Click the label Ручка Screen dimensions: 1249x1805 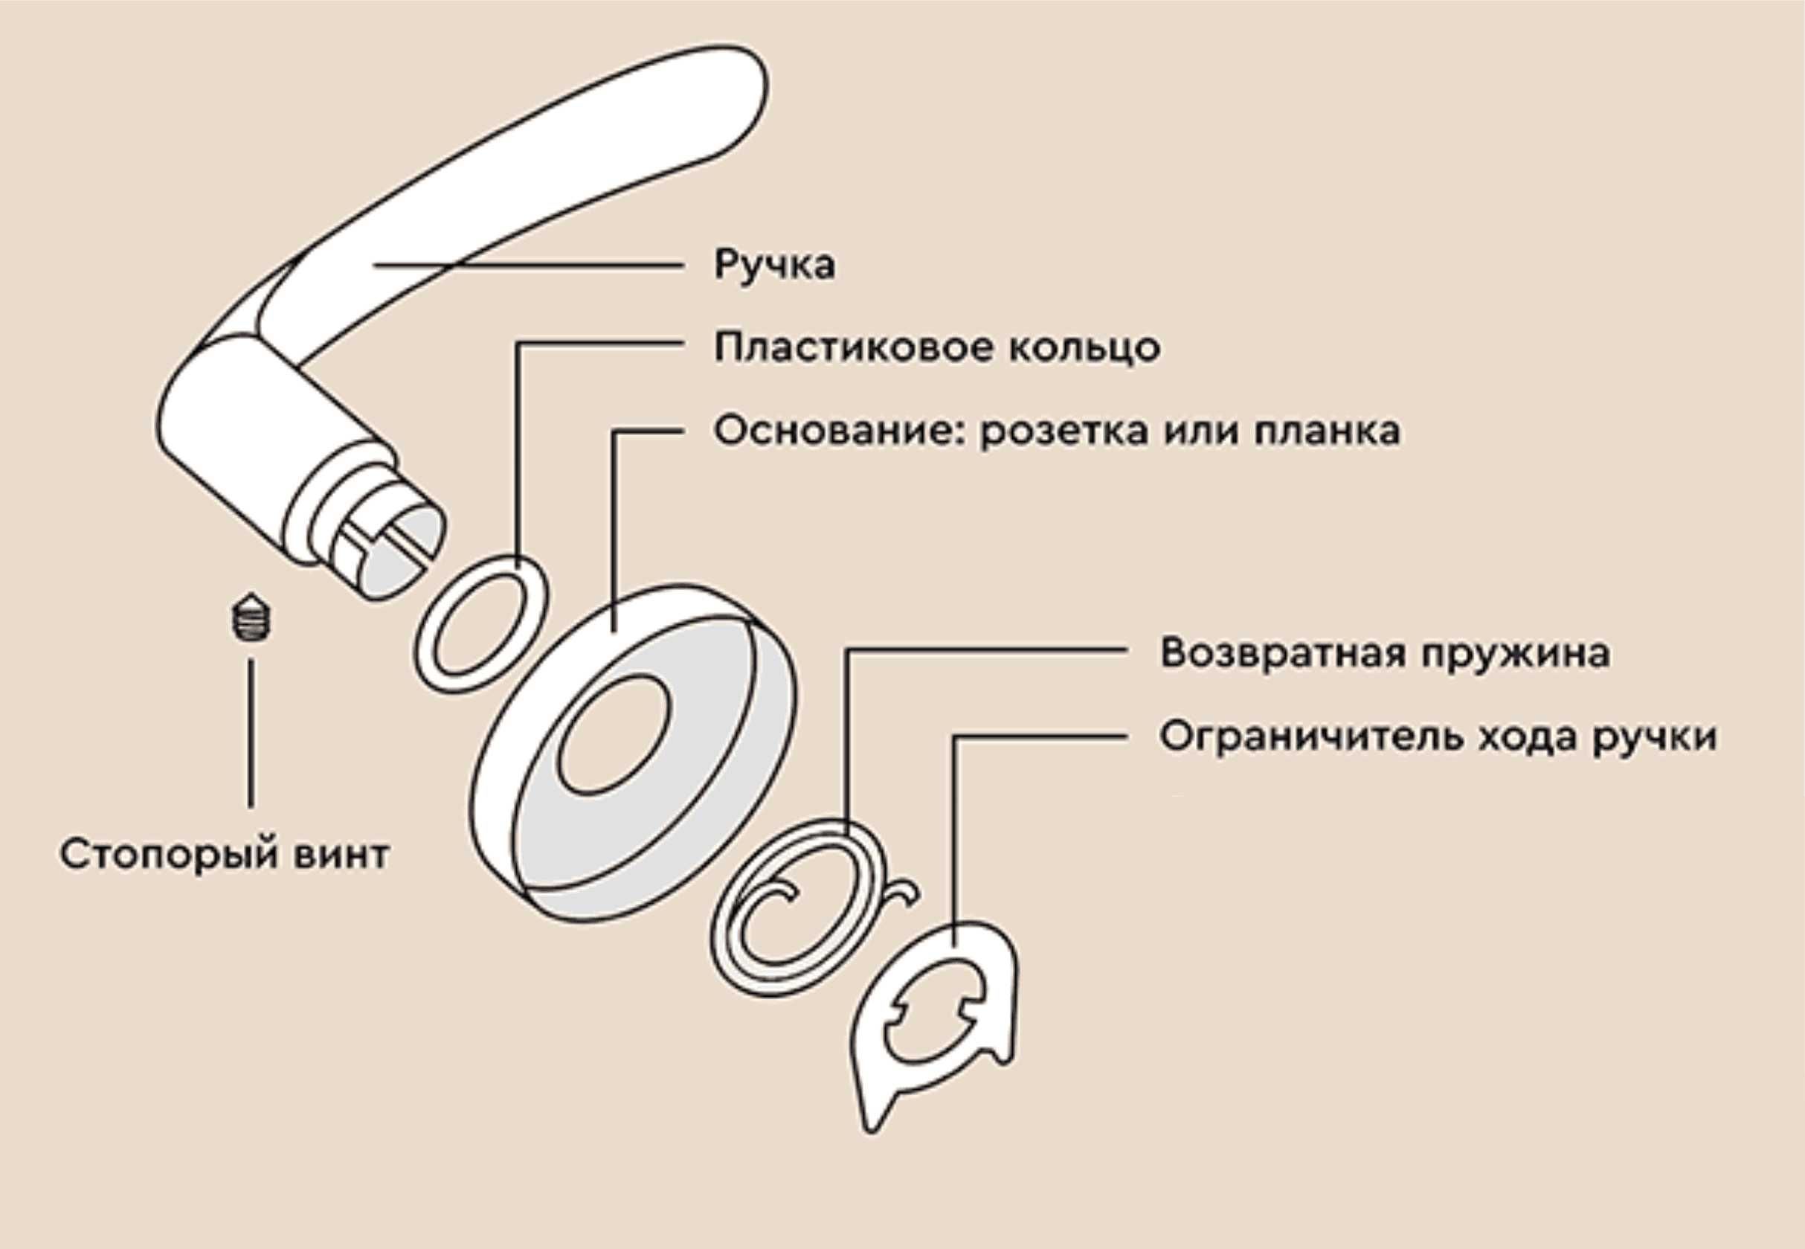[773, 266]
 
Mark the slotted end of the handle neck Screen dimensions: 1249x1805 [399, 548]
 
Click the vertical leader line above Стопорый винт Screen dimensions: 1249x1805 [251, 732]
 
